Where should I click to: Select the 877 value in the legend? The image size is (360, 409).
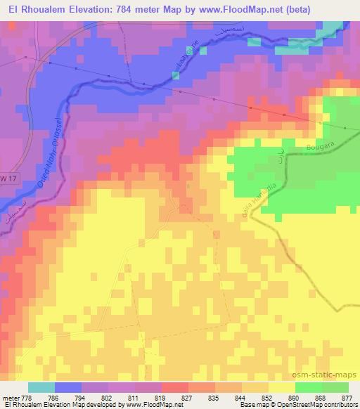tap(347, 397)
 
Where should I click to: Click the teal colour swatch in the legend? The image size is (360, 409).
tap(41, 387)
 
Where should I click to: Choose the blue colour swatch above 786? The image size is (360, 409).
tap(68, 387)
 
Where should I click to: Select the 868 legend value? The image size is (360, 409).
tap(321, 397)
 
